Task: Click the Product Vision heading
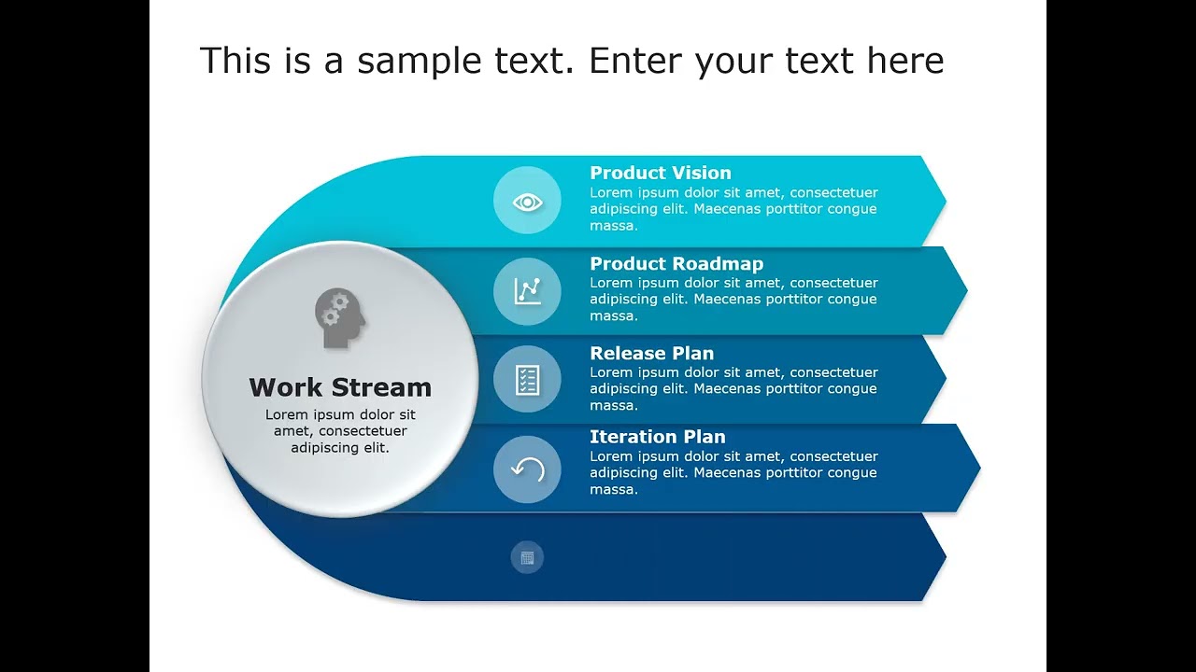660,173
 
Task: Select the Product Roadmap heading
676,264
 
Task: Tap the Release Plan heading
651,354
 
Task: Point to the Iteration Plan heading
657,437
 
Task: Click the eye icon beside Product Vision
527,201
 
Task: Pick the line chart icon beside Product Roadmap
527,291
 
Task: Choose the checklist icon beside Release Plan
527,379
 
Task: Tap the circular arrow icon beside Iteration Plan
527,469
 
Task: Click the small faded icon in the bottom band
527,558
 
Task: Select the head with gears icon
340,318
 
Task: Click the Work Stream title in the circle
340,387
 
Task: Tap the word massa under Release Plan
613,406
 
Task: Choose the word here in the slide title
904,62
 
